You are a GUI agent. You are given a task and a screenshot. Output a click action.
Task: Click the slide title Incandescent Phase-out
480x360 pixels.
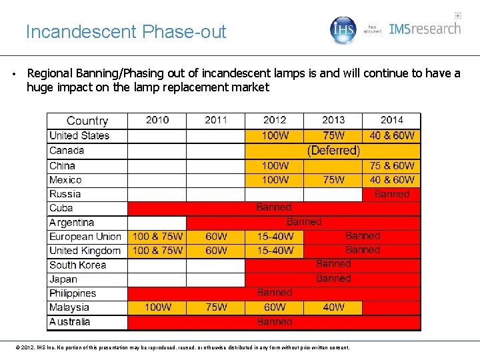click(126, 31)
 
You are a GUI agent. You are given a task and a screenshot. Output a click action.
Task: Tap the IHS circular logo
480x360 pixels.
click(344, 30)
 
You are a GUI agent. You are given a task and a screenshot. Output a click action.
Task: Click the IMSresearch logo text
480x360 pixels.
click(425, 29)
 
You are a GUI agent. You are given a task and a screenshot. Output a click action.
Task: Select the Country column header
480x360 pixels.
click(87, 121)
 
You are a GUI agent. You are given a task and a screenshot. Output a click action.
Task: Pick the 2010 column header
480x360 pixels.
click(157, 120)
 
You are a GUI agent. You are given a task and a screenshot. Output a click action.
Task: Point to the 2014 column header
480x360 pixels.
click(391, 120)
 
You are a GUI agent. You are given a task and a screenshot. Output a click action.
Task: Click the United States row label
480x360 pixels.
click(79, 135)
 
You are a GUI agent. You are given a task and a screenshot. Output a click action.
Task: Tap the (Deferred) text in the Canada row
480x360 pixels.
click(333, 151)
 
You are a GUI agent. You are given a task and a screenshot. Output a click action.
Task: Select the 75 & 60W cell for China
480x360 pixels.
click(392, 165)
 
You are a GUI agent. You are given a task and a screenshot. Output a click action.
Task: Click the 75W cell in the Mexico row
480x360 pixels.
click(333, 179)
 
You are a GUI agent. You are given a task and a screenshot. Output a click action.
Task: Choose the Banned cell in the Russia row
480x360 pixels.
click(392, 194)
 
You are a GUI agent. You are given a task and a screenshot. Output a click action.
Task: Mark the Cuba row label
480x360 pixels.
click(61, 208)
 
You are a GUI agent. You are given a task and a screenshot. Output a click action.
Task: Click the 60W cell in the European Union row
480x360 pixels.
click(216, 237)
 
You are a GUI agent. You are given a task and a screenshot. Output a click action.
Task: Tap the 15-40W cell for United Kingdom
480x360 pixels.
click(275, 251)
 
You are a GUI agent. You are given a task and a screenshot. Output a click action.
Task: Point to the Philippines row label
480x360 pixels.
click(73, 293)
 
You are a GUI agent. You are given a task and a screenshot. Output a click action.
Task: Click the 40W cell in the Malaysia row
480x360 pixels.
click(333, 307)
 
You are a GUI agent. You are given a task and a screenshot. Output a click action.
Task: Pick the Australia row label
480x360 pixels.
click(70, 322)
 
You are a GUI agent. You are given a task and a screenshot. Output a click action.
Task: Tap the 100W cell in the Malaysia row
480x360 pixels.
click(157, 307)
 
